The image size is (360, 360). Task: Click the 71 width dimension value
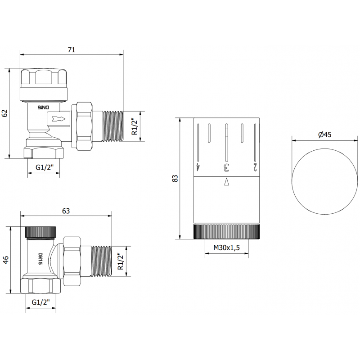coord(71,50)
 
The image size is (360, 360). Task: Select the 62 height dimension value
coord(5,113)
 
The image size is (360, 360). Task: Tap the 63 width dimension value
coord(66,211)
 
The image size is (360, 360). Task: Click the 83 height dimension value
coord(176,178)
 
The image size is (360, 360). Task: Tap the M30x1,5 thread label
coord(227,247)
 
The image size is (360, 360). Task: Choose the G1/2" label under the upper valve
coord(45,168)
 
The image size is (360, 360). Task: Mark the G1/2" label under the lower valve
coord(40,303)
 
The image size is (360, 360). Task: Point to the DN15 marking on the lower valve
coord(40,258)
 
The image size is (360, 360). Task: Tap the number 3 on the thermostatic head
coord(226,168)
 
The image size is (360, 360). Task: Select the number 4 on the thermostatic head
coord(198,168)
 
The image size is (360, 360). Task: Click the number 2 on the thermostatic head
coord(255,168)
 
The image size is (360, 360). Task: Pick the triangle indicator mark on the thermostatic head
coord(226,182)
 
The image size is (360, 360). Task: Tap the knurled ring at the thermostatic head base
coord(227,232)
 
